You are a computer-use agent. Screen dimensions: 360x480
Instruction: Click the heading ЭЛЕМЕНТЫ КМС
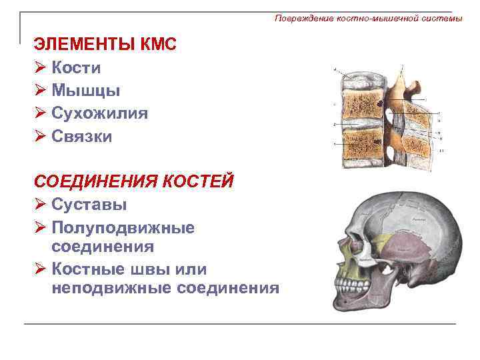pyautogui.click(x=105, y=45)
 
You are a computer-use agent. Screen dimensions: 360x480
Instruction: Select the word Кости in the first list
pyautogui.click(x=76, y=67)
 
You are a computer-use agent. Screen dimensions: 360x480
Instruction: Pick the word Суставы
pyautogui.click(x=89, y=204)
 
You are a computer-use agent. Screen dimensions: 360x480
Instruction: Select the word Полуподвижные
pyautogui.click(x=123, y=227)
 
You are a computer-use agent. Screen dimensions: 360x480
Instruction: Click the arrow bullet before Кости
pyautogui.click(x=39, y=68)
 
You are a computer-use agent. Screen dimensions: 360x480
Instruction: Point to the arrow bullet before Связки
pyautogui.click(x=39, y=137)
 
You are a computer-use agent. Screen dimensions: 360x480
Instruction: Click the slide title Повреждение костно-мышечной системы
pyautogui.click(x=368, y=19)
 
